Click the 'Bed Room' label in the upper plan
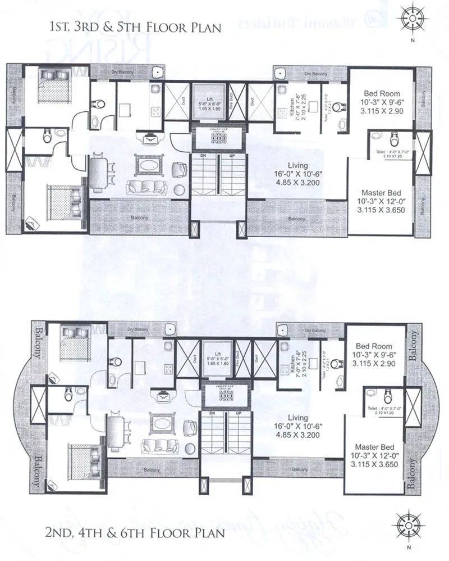(382, 93)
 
